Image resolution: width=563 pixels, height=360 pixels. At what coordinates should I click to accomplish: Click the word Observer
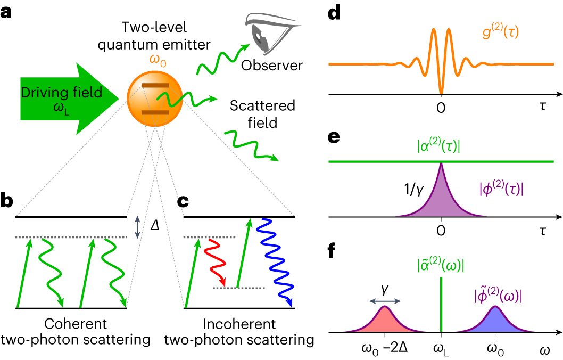271,66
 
